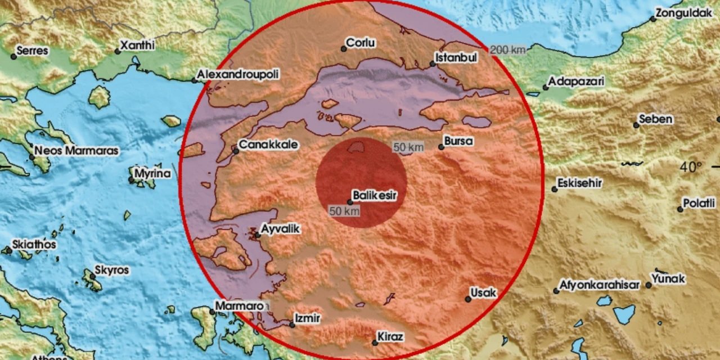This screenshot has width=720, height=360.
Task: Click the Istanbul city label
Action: [x=457, y=57]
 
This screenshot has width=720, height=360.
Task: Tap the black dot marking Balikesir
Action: [x=350, y=202]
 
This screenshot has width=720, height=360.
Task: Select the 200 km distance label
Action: [x=507, y=50]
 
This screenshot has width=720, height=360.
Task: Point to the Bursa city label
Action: [x=458, y=141]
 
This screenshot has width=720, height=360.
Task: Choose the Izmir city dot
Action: [x=292, y=325]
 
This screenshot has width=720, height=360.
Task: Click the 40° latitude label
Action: [x=691, y=167]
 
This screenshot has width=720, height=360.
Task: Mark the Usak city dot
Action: [x=468, y=299]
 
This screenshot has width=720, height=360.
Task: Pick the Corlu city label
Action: [x=361, y=43]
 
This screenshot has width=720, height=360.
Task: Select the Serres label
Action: [x=33, y=51]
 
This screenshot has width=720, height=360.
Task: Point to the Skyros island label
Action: [x=112, y=271]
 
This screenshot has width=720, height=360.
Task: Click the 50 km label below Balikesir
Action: [x=344, y=211]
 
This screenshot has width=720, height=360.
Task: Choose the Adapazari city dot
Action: [x=545, y=87]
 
